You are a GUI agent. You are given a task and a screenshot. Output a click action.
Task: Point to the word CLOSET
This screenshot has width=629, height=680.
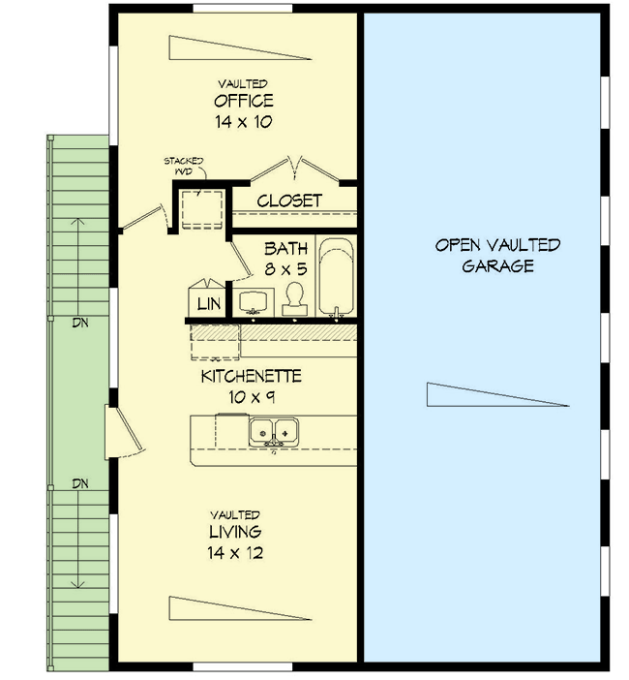289,201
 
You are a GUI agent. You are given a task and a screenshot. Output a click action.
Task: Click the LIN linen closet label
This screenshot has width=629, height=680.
209,304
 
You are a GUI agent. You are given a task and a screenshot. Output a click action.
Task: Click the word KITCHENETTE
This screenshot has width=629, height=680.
252,376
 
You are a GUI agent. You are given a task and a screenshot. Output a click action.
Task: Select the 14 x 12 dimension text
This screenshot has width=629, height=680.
236,554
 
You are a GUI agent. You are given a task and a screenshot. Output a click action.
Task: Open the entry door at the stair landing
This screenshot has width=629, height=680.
124,432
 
